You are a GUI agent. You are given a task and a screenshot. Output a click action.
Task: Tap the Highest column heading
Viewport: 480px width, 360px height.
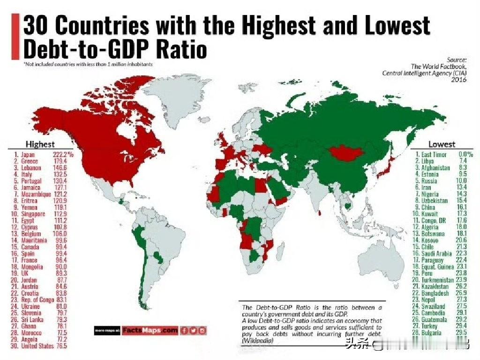point(40,144)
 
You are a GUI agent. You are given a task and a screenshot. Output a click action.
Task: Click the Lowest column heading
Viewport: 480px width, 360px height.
point(442,144)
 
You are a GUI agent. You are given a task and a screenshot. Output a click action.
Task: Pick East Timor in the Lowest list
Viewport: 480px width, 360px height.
point(434,154)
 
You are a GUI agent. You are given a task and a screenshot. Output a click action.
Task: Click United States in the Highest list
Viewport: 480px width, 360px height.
point(37,346)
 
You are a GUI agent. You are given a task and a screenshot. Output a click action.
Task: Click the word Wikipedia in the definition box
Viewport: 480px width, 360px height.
point(258,340)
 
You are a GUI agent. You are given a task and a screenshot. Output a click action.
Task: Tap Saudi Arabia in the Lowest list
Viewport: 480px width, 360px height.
point(438,253)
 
